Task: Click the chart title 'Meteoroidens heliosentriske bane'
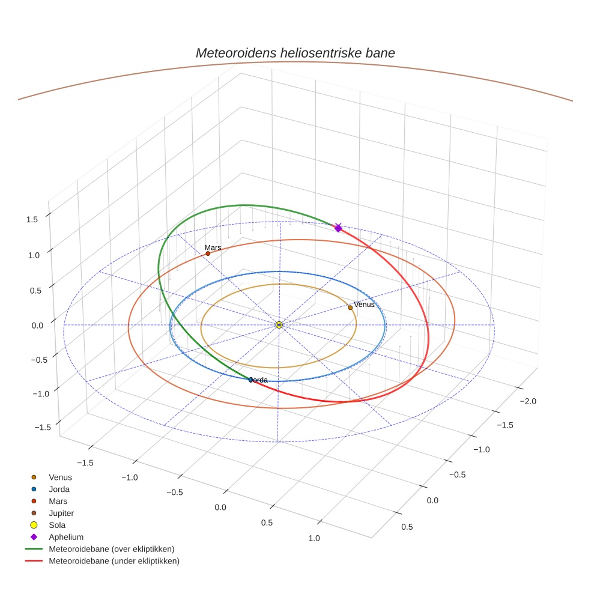click(x=295, y=53)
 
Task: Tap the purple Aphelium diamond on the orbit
click(x=338, y=228)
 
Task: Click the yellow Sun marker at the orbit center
click(x=279, y=325)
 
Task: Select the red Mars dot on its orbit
click(x=208, y=253)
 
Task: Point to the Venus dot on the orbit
click(x=350, y=308)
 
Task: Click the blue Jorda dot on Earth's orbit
click(x=250, y=380)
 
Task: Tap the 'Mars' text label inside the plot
click(x=213, y=247)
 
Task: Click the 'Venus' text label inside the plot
click(x=364, y=305)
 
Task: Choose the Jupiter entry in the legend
click(x=61, y=513)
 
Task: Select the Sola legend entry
click(x=57, y=525)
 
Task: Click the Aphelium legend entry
click(x=65, y=537)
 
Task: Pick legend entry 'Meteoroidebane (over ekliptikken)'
click(x=111, y=549)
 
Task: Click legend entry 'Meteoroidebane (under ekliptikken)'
click(x=114, y=561)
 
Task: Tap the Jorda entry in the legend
click(x=59, y=489)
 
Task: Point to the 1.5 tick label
click(x=32, y=220)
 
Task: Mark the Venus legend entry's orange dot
click(x=34, y=477)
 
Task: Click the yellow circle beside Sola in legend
click(x=34, y=525)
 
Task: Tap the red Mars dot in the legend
click(x=34, y=501)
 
